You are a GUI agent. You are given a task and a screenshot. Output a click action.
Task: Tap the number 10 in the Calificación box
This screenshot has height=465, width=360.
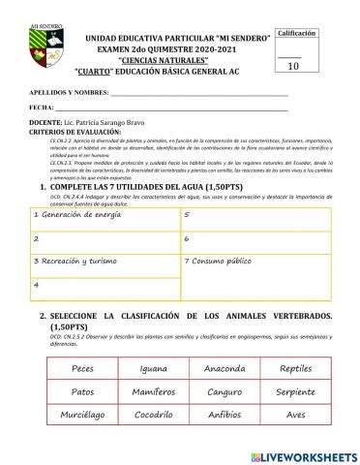click(x=294, y=66)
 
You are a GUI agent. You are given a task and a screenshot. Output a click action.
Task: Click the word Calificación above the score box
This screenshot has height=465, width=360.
click(x=297, y=33)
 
